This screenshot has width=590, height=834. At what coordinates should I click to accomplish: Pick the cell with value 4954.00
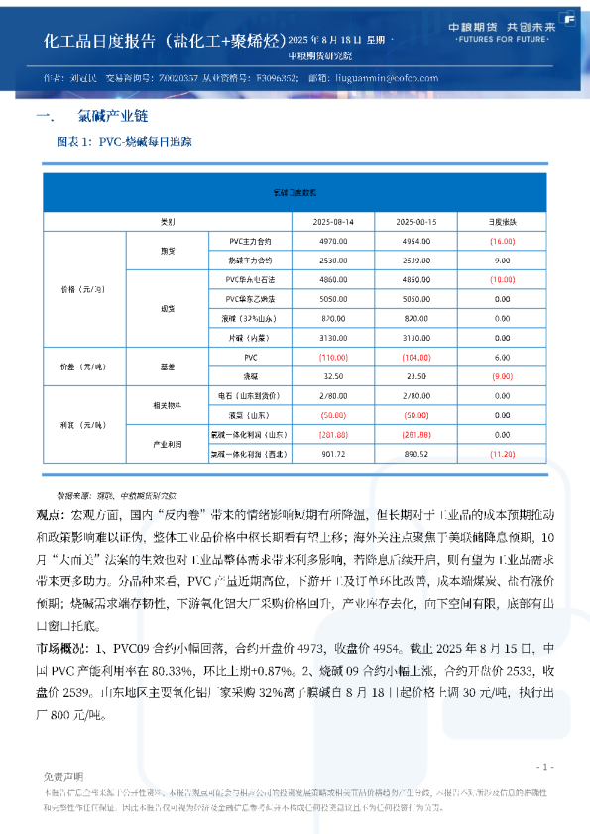416,241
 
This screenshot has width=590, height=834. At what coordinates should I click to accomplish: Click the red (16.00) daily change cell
502,241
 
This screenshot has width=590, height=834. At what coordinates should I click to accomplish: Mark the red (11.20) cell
502,454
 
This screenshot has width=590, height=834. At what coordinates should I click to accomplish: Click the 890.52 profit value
416,454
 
